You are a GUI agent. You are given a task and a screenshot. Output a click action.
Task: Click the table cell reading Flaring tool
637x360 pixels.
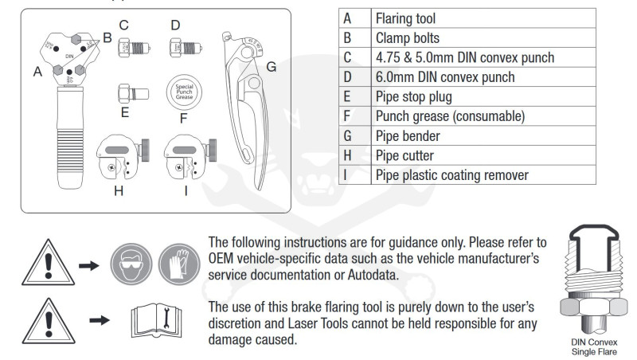483,18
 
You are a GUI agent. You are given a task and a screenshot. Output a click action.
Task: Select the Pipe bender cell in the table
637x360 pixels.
483,135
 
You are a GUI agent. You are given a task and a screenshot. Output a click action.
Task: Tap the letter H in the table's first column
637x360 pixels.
347,155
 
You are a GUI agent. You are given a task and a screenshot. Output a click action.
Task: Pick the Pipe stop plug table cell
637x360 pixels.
483,96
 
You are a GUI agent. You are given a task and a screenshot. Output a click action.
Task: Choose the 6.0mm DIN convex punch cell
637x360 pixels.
483,77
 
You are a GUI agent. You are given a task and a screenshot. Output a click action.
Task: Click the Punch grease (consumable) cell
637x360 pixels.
483,116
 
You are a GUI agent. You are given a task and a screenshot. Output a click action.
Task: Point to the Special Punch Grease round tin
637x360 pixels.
184,92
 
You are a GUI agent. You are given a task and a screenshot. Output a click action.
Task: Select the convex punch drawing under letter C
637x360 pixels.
134,48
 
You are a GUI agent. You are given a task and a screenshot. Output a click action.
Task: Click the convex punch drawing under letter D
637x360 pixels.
186,48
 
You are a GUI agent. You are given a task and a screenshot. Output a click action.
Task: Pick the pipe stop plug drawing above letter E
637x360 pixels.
133,94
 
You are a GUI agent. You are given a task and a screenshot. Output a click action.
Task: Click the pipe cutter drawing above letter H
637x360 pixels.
123,157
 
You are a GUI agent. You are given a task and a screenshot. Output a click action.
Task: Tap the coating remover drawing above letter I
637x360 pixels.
190,157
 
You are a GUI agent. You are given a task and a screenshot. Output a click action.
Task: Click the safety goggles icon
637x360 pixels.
131,264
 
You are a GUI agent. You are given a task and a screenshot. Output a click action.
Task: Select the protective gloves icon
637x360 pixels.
179,264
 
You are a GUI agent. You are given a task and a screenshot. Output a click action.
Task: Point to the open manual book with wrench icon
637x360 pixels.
156,321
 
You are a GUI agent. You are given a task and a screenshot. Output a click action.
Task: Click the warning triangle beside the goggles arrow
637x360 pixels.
49,264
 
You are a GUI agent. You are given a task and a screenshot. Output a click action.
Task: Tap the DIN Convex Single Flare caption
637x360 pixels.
594,347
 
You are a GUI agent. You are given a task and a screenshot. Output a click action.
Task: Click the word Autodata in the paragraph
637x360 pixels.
372,275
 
